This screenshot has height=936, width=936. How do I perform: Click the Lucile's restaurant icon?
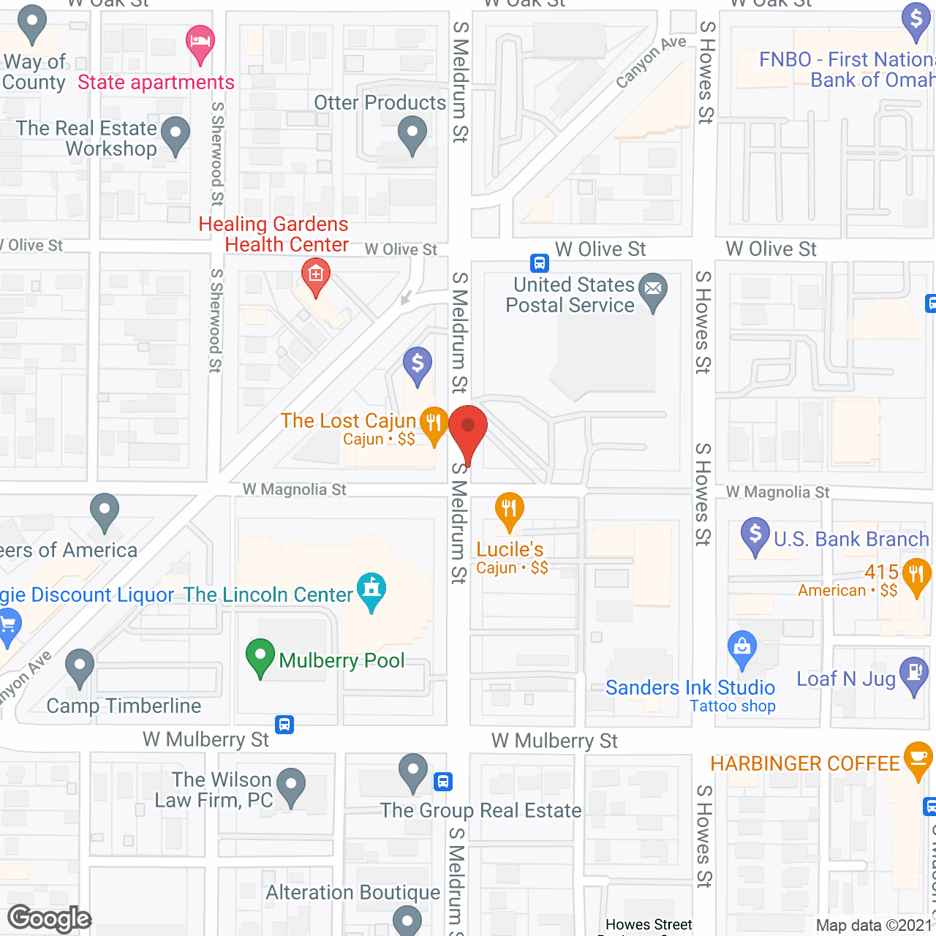click(509, 510)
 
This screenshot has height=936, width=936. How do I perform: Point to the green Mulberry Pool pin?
click(260, 656)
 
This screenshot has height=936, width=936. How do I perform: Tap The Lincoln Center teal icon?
click(372, 589)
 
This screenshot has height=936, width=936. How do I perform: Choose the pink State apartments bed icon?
click(200, 42)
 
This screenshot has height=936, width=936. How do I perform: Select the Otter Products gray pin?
click(412, 135)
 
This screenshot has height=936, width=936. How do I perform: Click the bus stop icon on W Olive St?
click(540, 263)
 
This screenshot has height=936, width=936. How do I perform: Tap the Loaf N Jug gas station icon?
click(914, 673)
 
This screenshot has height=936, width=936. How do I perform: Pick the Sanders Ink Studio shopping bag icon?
click(742, 648)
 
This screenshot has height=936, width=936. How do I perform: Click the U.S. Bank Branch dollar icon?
click(755, 535)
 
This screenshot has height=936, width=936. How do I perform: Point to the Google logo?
click(50, 918)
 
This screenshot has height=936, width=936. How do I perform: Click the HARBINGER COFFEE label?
click(805, 764)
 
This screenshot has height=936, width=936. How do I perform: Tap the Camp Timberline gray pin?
click(80, 666)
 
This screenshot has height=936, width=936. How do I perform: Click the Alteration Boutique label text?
click(353, 893)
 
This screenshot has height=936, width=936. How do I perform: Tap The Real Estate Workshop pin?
click(175, 135)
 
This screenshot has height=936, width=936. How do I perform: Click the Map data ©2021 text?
click(875, 925)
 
